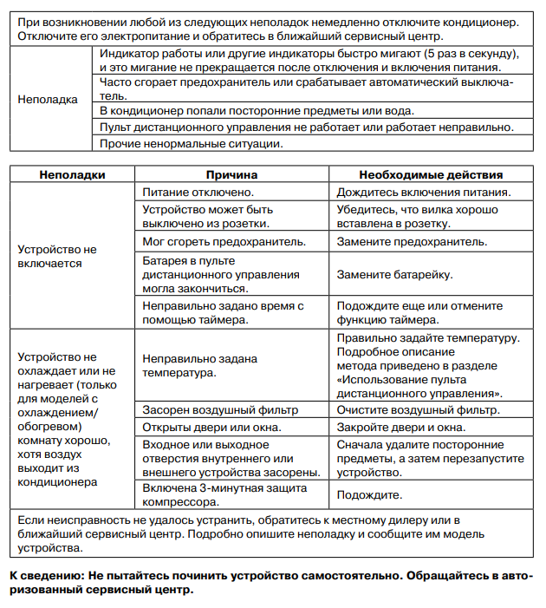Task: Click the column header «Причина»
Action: [x=232, y=174]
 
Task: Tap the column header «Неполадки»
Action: [x=73, y=174]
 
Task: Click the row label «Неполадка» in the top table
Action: [x=48, y=99]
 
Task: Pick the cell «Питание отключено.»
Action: [x=198, y=192]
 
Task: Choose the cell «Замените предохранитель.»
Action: [x=412, y=240]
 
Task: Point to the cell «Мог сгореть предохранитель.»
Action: [x=224, y=240]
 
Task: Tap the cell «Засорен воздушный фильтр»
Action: [x=220, y=409]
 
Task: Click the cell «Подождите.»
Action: [x=370, y=495]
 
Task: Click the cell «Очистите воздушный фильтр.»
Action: [x=419, y=409]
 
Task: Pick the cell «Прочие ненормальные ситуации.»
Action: [x=192, y=143]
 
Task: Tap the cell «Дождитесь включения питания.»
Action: [x=424, y=192]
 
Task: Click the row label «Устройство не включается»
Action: [x=57, y=256]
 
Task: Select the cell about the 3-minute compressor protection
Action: [x=224, y=495]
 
